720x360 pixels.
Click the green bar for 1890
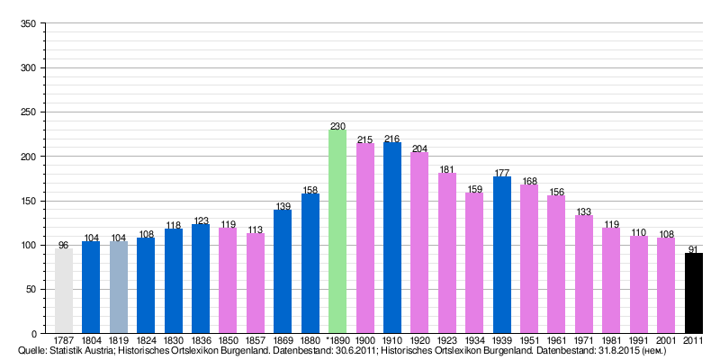(x=337, y=231)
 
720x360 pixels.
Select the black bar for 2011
(x=694, y=293)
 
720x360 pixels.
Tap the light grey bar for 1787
(x=64, y=291)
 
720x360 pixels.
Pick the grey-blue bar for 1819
(x=119, y=287)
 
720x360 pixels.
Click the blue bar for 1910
(x=392, y=238)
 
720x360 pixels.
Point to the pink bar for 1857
(x=256, y=283)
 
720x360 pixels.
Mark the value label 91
(x=694, y=249)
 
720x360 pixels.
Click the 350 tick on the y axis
(x=27, y=24)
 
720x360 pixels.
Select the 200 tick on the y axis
(x=27, y=157)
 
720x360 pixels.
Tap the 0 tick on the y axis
(x=32, y=334)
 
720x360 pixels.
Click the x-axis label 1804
(x=91, y=340)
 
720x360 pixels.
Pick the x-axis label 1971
(x=584, y=340)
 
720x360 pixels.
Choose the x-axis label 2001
(x=666, y=340)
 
